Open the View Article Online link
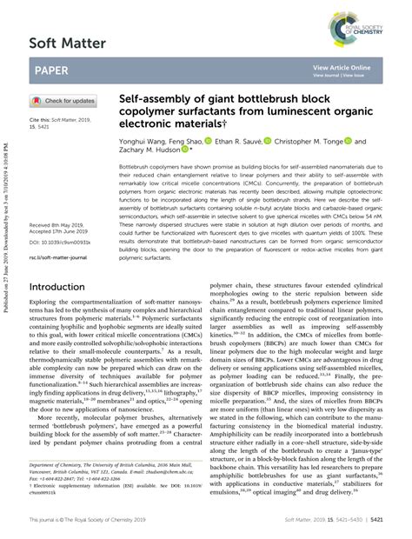pyautogui.click(x=341, y=67)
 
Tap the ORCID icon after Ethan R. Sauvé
pyautogui.click(x=268, y=141)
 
